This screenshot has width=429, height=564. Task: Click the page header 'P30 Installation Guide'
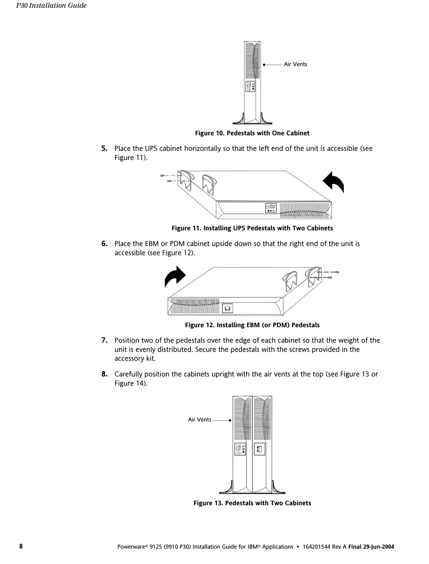51,6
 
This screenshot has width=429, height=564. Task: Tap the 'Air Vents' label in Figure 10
295,64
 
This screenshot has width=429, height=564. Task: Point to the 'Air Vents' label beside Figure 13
200,420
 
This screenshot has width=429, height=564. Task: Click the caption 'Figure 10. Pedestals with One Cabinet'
252,133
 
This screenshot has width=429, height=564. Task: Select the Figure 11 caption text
252,228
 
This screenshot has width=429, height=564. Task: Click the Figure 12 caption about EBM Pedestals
252,325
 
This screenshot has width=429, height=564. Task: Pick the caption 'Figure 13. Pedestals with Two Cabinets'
252,503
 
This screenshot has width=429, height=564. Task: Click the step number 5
104,148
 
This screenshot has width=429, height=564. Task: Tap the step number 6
104,244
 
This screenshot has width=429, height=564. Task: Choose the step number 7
104,340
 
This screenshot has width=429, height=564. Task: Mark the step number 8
104,374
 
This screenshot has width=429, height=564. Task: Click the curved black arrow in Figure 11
334,182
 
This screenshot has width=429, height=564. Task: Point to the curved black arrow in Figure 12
175,276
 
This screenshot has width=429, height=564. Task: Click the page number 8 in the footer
21,546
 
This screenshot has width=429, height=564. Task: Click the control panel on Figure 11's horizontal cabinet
271,208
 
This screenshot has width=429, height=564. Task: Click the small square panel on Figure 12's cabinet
228,309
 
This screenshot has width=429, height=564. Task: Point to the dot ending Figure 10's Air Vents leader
264,65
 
